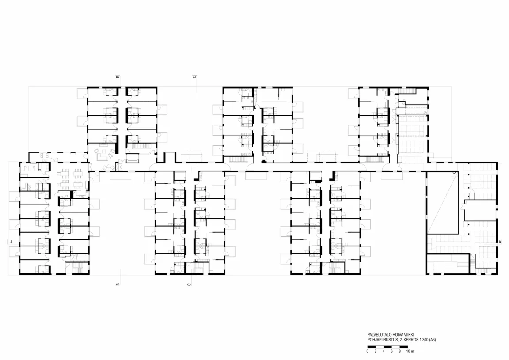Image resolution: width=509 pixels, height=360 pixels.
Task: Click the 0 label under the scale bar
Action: pyautogui.click(x=368, y=351)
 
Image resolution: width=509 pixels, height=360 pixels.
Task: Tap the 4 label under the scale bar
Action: pyautogui.click(x=384, y=351)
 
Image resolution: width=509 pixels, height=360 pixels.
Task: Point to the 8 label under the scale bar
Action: pyautogui.click(x=399, y=351)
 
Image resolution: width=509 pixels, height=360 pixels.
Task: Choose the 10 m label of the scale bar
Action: pyautogui.click(x=410, y=351)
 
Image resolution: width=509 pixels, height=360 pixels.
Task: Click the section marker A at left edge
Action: pyautogui.click(x=11, y=242)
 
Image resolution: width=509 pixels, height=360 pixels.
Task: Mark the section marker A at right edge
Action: pyautogui.click(x=500, y=242)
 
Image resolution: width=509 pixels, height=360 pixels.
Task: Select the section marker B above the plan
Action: pyautogui.click(x=118, y=77)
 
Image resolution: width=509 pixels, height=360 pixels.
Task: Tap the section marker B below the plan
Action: pyautogui.click(x=118, y=284)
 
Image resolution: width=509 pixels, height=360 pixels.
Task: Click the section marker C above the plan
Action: pyautogui.click(x=194, y=77)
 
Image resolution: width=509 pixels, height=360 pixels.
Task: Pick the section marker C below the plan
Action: pyautogui.click(x=189, y=284)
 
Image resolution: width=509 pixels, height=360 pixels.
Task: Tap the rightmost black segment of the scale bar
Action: pyautogui.click(x=404, y=347)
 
